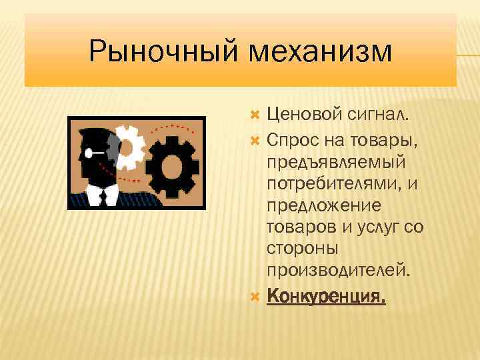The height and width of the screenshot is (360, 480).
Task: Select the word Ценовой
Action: coord(303,115)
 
